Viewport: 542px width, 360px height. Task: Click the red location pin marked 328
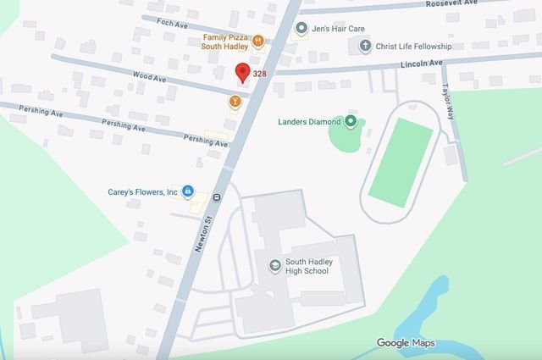(242, 73)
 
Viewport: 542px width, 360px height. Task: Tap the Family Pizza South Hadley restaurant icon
(258, 39)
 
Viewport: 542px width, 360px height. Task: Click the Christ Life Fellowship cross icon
(366, 46)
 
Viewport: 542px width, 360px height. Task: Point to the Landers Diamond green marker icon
(351, 122)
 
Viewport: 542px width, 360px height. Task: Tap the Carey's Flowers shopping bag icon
(188, 191)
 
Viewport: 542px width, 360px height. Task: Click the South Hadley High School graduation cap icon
(274, 266)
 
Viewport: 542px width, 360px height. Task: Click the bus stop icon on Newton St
(217, 198)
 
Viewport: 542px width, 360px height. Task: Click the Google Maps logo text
(406, 342)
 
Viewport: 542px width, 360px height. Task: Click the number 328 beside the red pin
(259, 75)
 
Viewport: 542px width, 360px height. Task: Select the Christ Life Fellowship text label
(415, 46)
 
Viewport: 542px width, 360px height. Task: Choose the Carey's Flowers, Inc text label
(142, 191)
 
